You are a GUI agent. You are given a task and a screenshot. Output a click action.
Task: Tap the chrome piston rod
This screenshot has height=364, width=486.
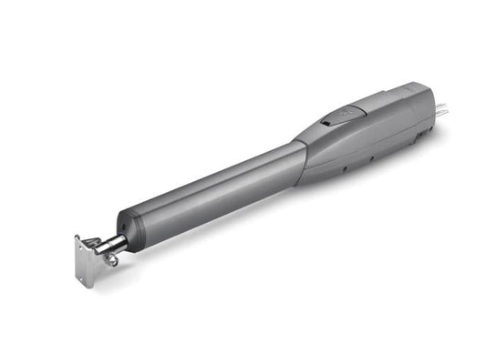[112, 242]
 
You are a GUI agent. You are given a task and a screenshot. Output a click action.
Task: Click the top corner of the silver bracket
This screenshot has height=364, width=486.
[77, 238]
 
